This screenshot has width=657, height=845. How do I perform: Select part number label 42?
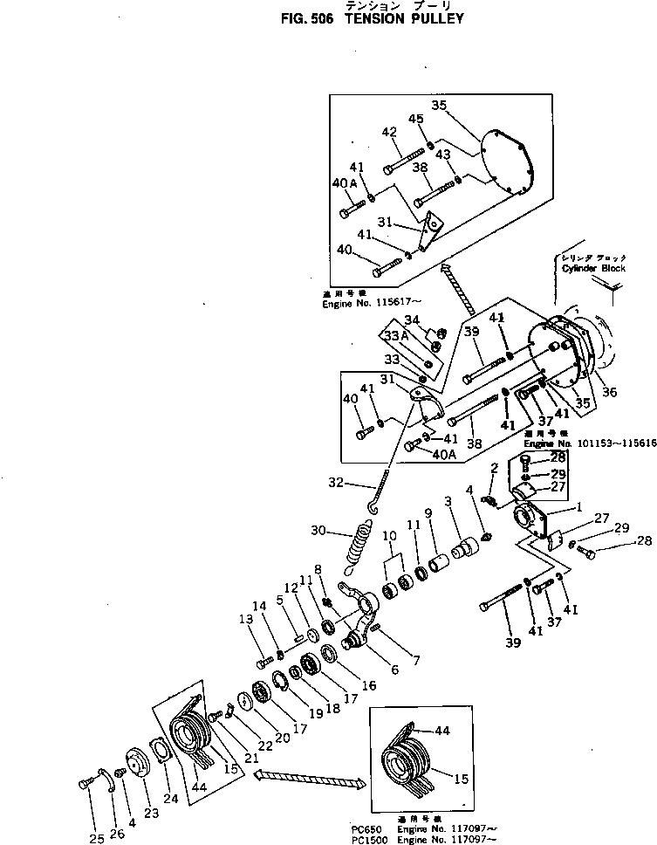(x=389, y=133)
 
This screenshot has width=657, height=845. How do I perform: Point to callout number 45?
(x=416, y=120)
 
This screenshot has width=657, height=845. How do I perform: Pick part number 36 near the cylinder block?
(x=608, y=393)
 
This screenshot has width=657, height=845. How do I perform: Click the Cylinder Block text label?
(x=593, y=269)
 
